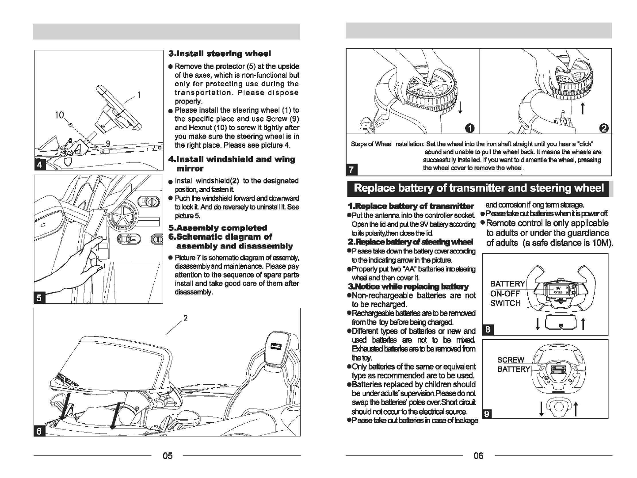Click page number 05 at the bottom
[167, 455]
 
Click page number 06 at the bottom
[478, 455]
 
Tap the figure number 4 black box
[40, 165]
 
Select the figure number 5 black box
[40, 298]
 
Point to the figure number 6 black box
[40, 431]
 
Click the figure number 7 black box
[351, 169]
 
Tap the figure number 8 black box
[487, 329]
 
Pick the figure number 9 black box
[487, 413]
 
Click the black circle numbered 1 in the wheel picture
[470, 128]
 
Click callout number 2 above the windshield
[186, 317]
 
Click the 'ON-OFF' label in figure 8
[505, 293]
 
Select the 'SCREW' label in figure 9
[511, 360]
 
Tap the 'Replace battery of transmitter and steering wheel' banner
[479, 188]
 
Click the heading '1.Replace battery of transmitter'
[411, 206]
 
